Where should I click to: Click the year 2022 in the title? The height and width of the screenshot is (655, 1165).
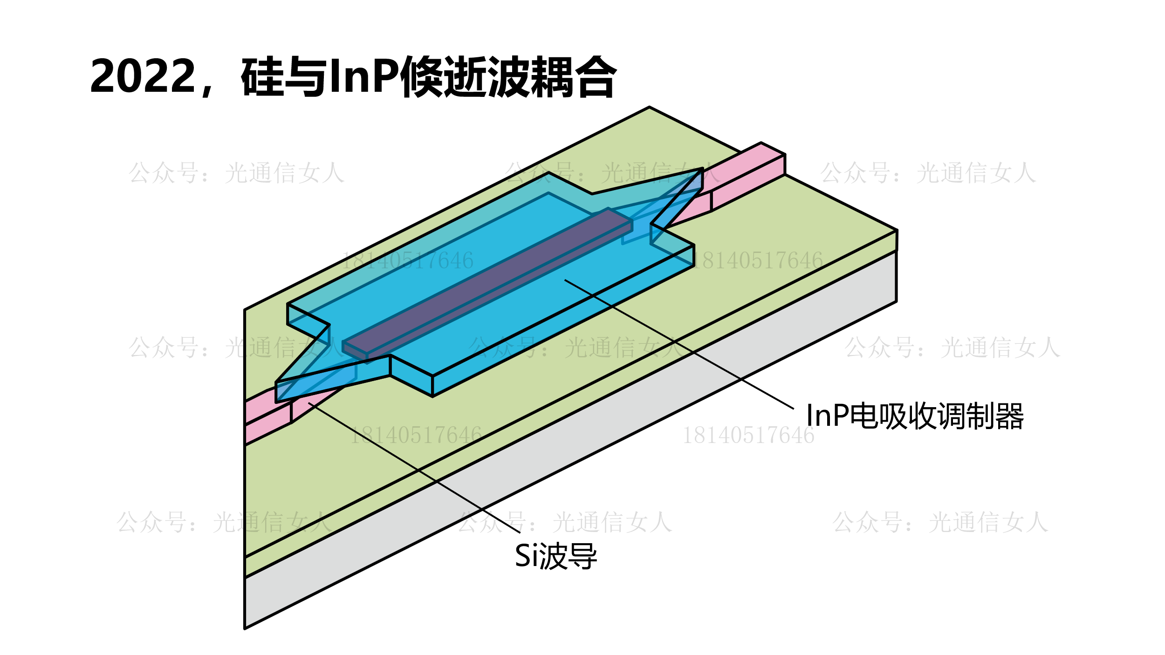tap(143, 76)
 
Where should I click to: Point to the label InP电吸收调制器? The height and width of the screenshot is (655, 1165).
tap(914, 416)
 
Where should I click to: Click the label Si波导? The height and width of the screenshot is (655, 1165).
tap(555, 556)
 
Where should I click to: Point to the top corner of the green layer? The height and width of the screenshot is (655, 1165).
tap(649, 108)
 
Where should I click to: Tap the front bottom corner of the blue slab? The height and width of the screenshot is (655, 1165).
tap(432, 395)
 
